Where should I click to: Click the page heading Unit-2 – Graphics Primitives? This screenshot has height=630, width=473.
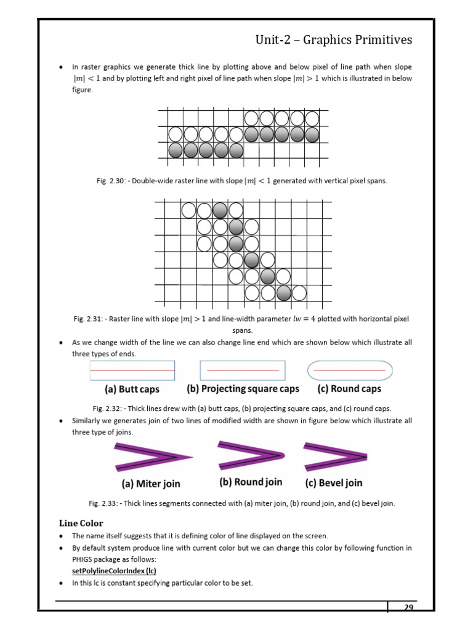tap(334, 40)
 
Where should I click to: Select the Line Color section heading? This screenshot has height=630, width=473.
tap(81, 523)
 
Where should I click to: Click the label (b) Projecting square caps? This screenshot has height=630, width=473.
tap(243, 389)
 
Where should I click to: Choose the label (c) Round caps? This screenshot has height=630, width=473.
tap(349, 389)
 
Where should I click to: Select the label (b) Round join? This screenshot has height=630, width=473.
tap(250, 482)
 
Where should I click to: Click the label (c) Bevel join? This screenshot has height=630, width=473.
tap(334, 483)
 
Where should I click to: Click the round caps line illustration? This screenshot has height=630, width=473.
tap(349, 370)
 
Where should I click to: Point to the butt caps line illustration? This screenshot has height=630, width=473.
tap(132, 370)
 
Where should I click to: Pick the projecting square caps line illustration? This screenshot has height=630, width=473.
tap(243, 370)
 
